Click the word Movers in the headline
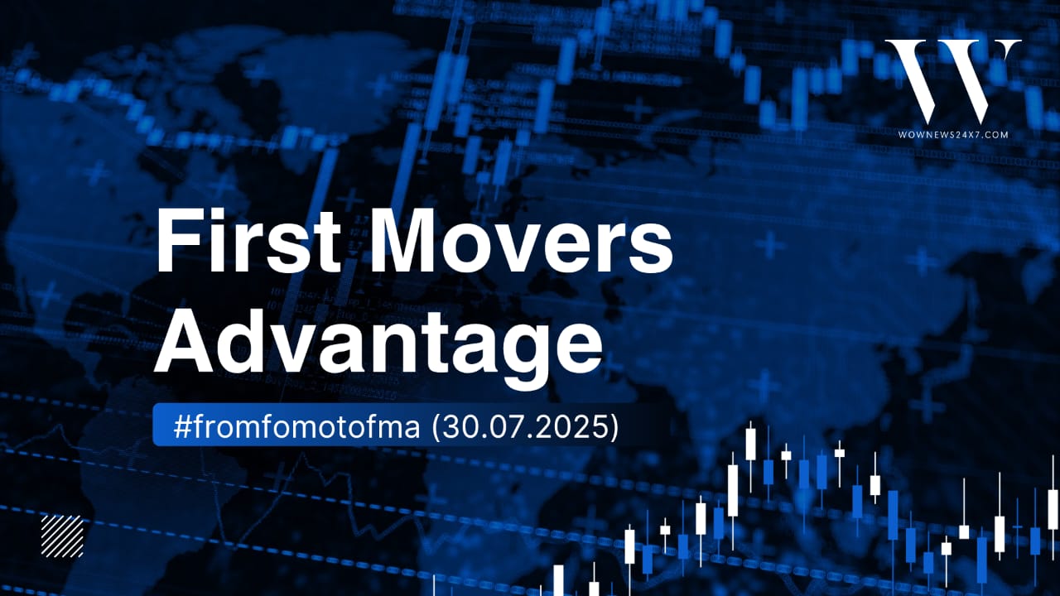(x=521, y=241)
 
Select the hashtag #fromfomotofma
(x=296, y=426)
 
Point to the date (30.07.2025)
(x=525, y=426)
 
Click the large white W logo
(x=952, y=80)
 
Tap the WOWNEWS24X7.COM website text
(x=953, y=135)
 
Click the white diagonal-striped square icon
(x=62, y=536)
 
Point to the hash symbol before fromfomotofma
(x=182, y=426)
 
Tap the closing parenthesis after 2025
(x=614, y=428)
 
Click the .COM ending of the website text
(x=992, y=135)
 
